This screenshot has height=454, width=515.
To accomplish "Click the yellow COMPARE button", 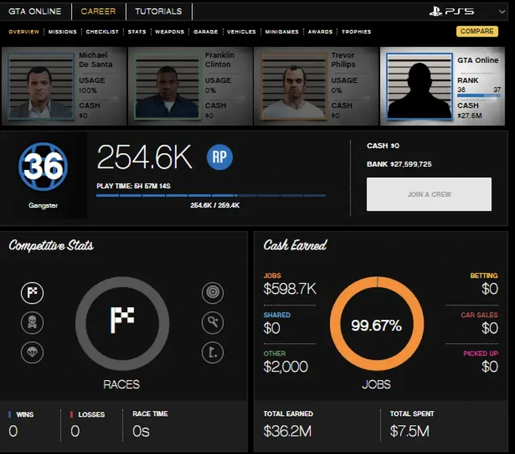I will tap(477, 31).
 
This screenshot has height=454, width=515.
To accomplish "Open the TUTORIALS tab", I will tap(158, 12).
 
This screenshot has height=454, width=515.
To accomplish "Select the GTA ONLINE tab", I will tap(35, 12).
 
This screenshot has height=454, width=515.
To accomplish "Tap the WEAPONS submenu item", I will tap(169, 32).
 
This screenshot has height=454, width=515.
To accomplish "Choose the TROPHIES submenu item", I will tap(356, 32).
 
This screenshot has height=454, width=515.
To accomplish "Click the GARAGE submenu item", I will tap(205, 32).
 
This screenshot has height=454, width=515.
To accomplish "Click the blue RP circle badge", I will tap(220, 157).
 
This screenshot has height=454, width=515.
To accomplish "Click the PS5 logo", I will tap(451, 12).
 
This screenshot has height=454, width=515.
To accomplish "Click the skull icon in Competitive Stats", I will tap(32, 323).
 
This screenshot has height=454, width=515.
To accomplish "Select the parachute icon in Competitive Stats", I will tap(32, 352).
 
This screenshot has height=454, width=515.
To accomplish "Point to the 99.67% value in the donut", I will tap(376, 326).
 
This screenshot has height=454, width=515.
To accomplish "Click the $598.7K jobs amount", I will tap(289, 289).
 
